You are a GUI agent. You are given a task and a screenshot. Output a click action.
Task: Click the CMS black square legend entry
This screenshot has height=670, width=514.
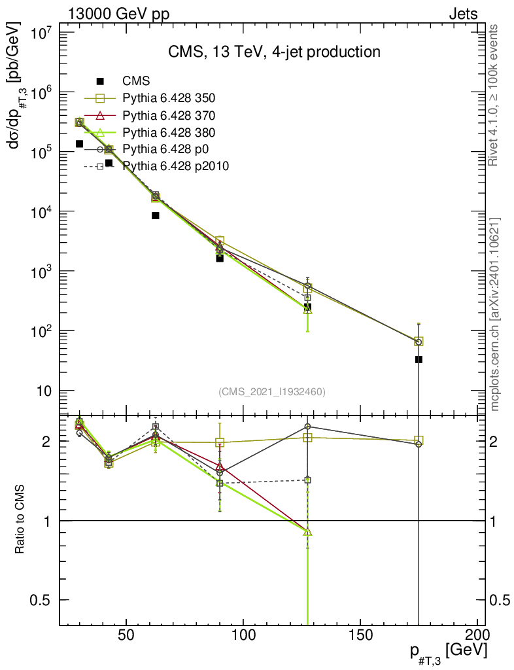click(136, 81)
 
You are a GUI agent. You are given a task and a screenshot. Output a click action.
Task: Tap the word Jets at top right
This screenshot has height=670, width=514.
click(462, 14)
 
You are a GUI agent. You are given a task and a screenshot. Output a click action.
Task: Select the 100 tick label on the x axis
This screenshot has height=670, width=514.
click(243, 635)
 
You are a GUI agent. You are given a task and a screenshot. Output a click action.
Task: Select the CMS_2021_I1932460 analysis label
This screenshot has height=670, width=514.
click(272, 392)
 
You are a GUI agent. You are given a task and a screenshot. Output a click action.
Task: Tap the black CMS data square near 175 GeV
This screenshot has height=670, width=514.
click(419, 359)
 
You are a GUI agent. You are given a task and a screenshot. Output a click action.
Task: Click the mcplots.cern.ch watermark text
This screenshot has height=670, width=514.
click(495, 314)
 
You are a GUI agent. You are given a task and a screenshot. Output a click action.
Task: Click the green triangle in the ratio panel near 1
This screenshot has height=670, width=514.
click(308, 532)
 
